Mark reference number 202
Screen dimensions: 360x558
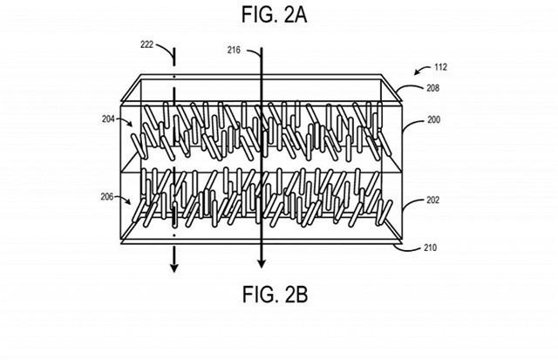[x=433, y=200]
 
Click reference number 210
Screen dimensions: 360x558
[x=433, y=248]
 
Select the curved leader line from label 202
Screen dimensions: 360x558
[x=410, y=206]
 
